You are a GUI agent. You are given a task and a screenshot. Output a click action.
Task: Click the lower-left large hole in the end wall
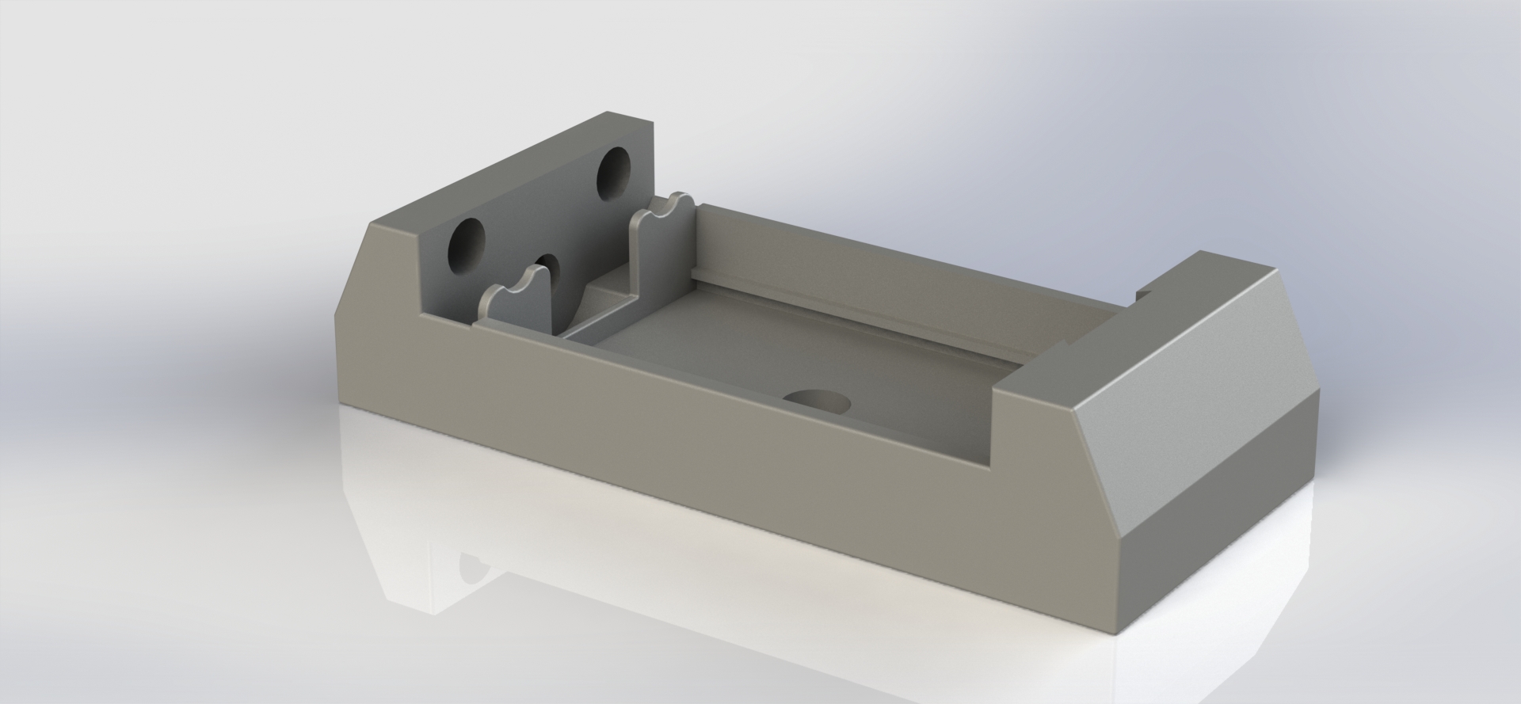467,245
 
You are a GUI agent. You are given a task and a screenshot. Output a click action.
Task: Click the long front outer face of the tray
713,443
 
